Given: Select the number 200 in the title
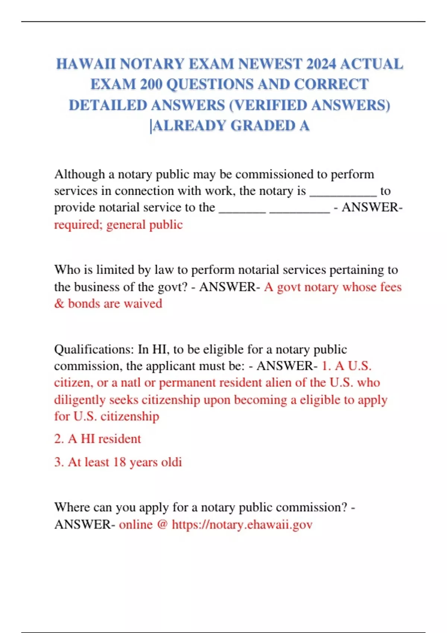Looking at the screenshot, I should point(151,85).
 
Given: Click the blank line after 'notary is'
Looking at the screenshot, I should point(343,193).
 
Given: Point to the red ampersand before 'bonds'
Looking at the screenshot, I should point(59,303).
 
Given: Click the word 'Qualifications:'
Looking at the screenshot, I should point(94,349).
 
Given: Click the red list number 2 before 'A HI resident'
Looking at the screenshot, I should point(58,439).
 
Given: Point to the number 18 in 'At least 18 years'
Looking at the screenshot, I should point(120,462).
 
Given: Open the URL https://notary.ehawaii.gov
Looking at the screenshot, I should point(242,525).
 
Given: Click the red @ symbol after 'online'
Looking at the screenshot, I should point(162,525).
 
